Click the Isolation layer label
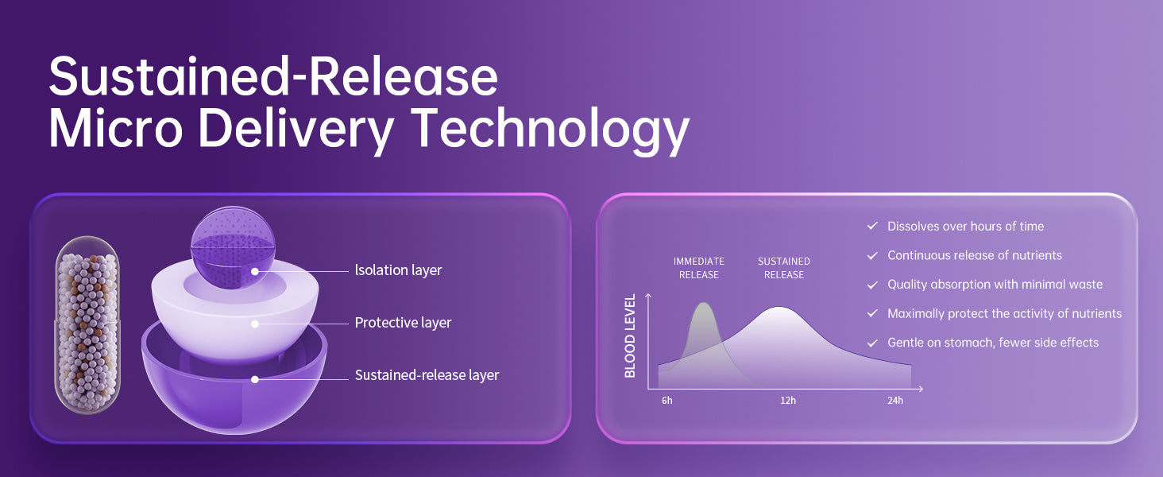pyautogui.click(x=398, y=270)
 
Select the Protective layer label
pyautogui.click(x=403, y=323)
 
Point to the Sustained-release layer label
pyautogui.click(x=427, y=375)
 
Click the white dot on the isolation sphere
pyautogui.click(x=255, y=271)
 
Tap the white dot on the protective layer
pyautogui.click(x=255, y=324)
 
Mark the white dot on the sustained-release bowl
pyautogui.click(x=255, y=379)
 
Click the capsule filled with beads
pyautogui.click(x=87, y=325)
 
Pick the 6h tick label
pyautogui.click(x=667, y=401)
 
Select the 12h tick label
pyautogui.click(x=788, y=401)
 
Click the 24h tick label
pyautogui.click(x=895, y=401)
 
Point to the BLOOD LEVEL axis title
pyautogui.click(x=630, y=335)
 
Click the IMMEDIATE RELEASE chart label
pyautogui.click(x=699, y=268)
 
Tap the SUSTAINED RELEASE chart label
pyautogui.click(x=784, y=268)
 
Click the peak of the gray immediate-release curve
pyautogui.click(x=704, y=304)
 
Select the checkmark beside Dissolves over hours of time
pyautogui.click(x=872, y=226)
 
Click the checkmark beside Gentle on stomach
pyautogui.click(x=872, y=343)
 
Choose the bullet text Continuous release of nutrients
pyautogui.click(x=975, y=256)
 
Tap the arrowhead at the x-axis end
pyautogui.click(x=921, y=389)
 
